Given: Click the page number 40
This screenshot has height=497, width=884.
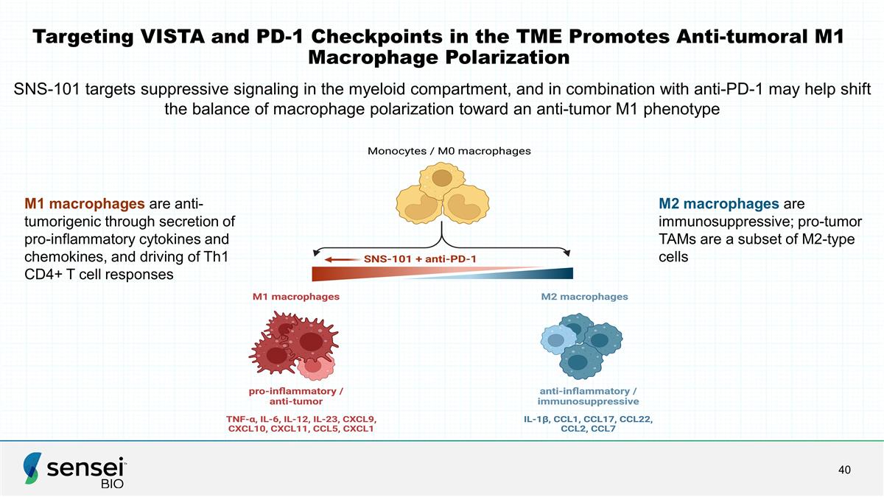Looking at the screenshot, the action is (844, 470).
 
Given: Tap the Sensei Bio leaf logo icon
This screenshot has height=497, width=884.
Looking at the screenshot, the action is (32, 468).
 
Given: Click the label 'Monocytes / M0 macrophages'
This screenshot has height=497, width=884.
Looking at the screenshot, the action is (449, 151).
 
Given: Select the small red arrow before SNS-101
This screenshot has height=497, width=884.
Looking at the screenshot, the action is (341, 259).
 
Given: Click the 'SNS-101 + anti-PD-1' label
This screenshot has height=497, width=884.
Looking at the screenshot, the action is (420, 259).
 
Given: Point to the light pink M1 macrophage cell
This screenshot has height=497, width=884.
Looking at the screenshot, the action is (315, 367).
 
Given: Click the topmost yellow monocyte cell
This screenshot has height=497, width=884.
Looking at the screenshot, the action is (441, 180).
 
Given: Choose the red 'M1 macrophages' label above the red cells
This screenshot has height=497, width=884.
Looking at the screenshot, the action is (296, 297).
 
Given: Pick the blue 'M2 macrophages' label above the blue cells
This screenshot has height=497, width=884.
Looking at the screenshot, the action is (584, 297).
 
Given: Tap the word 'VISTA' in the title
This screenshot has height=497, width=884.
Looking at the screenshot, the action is (172, 37).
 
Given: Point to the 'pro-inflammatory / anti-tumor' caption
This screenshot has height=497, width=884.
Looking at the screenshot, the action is (296, 396).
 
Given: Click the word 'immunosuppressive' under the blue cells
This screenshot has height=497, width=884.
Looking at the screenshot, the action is (588, 401).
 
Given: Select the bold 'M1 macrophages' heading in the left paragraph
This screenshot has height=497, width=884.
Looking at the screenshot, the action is (85, 204).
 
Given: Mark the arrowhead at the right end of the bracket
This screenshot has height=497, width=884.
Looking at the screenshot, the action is (568, 253).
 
